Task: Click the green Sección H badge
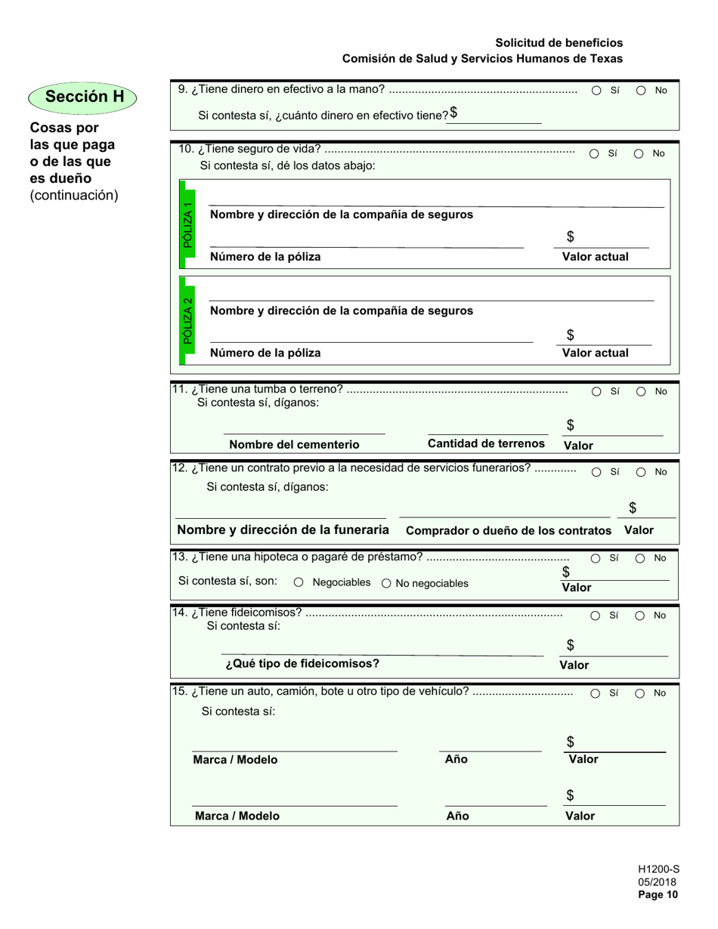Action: click(x=84, y=97)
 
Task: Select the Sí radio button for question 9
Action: click(x=596, y=91)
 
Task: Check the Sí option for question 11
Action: click(x=596, y=392)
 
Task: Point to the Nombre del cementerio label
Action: click(x=295, y=445)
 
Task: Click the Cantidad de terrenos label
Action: click(x=486, y=443)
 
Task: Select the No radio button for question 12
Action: click(x=639, y=472)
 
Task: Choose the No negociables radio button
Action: click(x=387, y=583)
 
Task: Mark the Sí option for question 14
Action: click(x=596, y=616)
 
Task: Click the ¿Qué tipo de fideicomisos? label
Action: click(x=302, y=664)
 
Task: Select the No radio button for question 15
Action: click(x=639, y=693)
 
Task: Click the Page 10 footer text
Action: click(x=658, y=896)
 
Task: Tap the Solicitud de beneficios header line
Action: click(x=559, y=43)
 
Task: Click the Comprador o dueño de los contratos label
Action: click(x=509, y=531)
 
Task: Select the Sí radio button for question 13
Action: click(x=596, y=559)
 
